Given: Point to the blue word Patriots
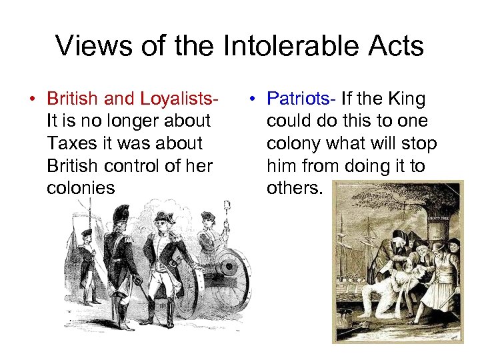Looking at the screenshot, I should click(x=300, y=99).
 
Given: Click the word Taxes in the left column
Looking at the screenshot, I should click(x=72, y=143).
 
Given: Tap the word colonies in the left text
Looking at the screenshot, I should click(x=81, y=188).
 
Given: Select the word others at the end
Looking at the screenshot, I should click(x=294, y=188).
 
